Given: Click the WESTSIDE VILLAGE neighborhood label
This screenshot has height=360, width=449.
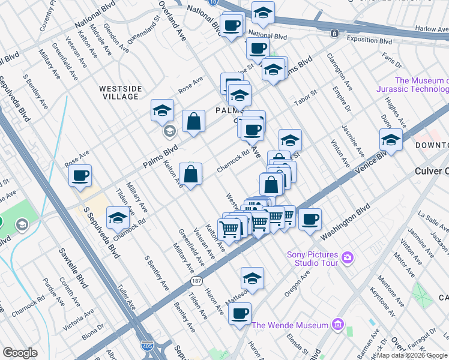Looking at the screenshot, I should click(120, 92).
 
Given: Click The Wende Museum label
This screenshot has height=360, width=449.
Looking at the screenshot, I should click(290, 326).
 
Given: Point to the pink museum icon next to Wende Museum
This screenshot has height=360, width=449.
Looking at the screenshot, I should click(338, 325).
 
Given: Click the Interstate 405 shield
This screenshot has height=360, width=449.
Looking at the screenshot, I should click(146, 347).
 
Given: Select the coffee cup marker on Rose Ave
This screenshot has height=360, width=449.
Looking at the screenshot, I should click(80, 175).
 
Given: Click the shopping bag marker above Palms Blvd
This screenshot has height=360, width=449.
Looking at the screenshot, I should click(194, 122).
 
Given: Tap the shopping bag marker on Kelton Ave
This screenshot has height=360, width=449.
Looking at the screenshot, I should click(190, 175).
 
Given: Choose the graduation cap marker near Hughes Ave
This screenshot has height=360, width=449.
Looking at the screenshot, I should click(391, 140).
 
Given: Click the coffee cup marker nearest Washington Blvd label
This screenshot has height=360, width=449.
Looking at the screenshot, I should click(310, 219).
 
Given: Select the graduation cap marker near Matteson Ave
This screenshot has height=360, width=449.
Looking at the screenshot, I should click(252, 278).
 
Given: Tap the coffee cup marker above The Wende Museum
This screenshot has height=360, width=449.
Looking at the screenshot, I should click(240, 313).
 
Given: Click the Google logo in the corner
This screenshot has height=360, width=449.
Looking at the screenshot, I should click(20, 353).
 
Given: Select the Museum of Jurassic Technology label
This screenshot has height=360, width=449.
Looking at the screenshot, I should click(421, 85).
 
